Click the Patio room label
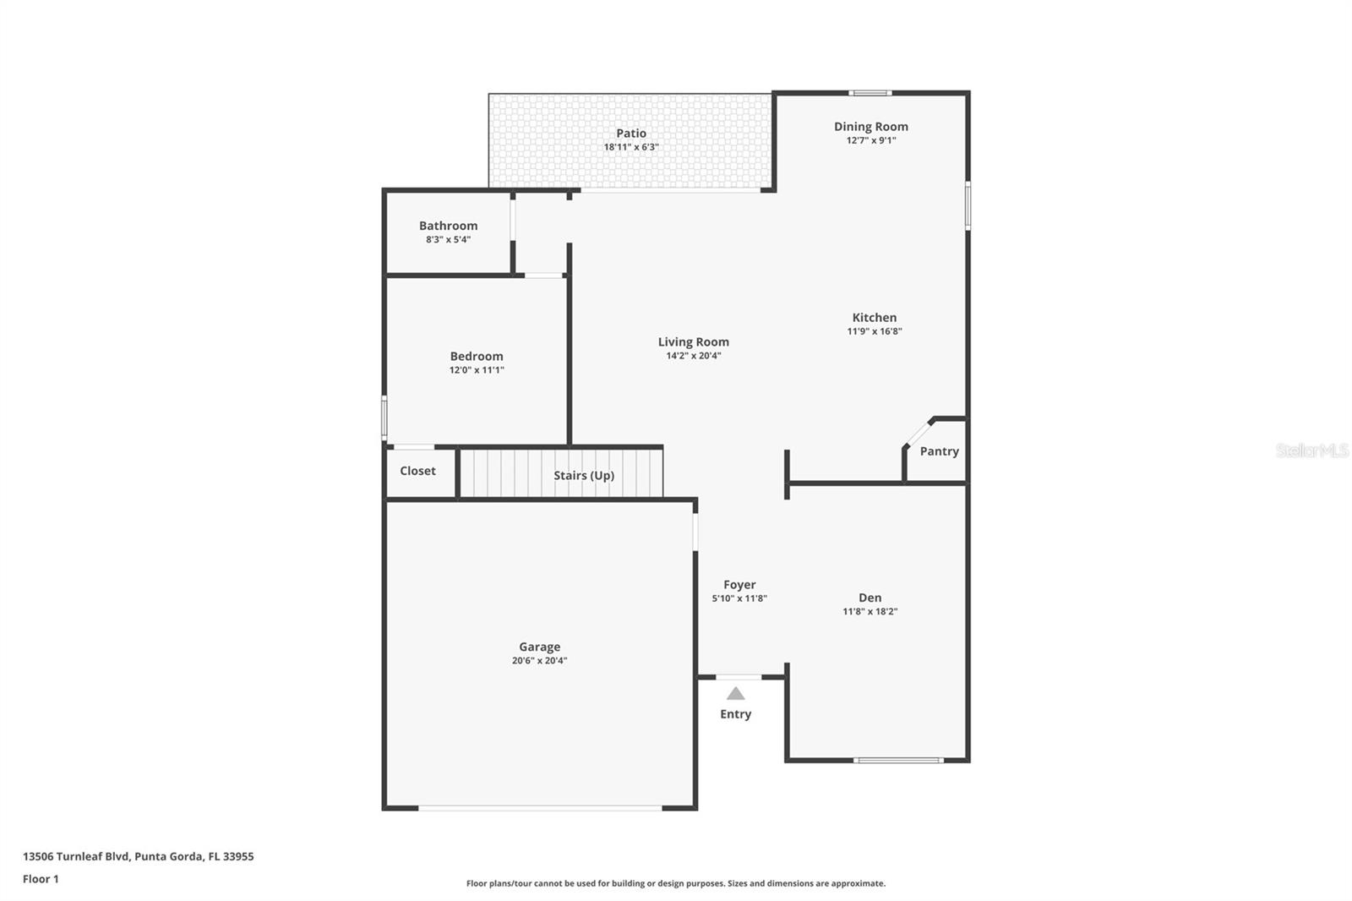click(x=630, y=134)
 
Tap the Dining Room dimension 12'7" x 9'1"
click(x=870, y=140)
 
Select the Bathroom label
click(x=448, y=226)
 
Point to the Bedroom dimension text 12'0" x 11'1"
click(x=477, y=370)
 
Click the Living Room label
click(x=693, y=342)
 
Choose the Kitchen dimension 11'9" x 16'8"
click(x=874, y=331)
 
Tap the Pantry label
click(x=939, y=451)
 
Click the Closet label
click(x=417, y=471)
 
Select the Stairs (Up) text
click(x=583, y=476)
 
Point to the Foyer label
click(x=739, y=585)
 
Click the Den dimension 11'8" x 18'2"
click(x=870, y=612)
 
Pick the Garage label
click(x=539, y=647)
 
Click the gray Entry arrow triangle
click(x=735, y=694)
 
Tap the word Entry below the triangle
click(x=735, y=714)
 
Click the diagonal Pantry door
click(x=917, y=433)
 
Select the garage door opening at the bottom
click(x=540, y=809)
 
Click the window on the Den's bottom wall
click(x=897, y=761)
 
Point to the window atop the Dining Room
click(x=870, y=93)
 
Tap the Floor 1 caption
click(x=41, y=879)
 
